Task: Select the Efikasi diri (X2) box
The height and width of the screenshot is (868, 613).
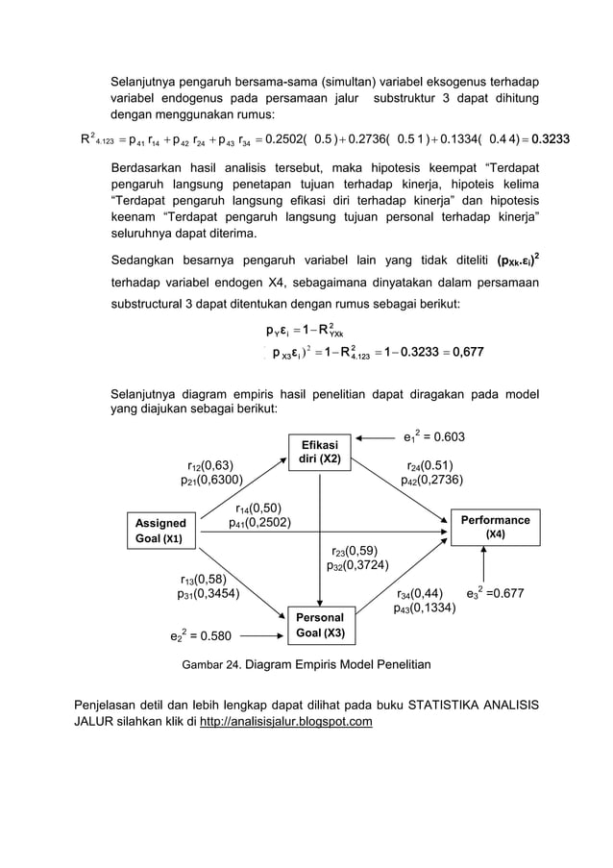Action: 320,452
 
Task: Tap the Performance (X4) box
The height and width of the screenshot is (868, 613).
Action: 495,526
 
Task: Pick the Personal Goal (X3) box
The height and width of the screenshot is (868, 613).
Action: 320,625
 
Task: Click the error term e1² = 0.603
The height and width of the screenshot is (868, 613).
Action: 433,438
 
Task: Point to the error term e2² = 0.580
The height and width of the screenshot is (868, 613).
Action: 191,635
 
